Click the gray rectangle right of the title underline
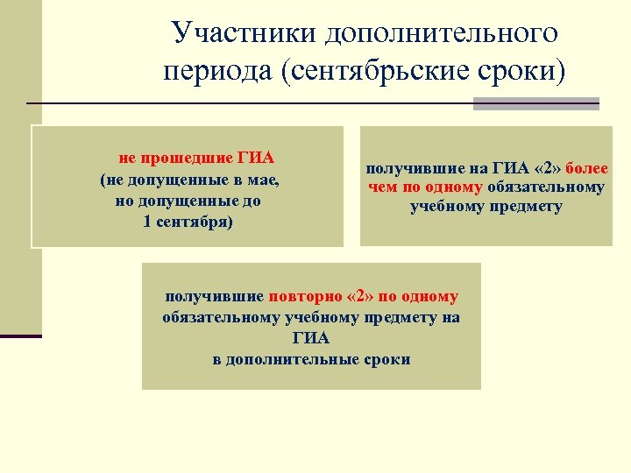click(x=536, y=103)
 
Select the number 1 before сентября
click(x=145, y=221)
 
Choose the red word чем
click(x=383, y=187)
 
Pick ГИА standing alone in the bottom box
click(x=311, y=339)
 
